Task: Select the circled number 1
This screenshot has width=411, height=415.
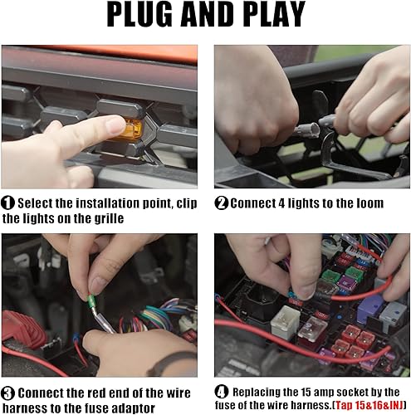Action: [x=8, y=203]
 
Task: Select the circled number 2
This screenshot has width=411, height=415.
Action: [x=221, y=203]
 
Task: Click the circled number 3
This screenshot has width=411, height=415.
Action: [x=8, y=393]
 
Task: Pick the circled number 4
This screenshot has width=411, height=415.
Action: [x=221, y=391]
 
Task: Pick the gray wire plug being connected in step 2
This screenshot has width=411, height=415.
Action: [x=308, y=129]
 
